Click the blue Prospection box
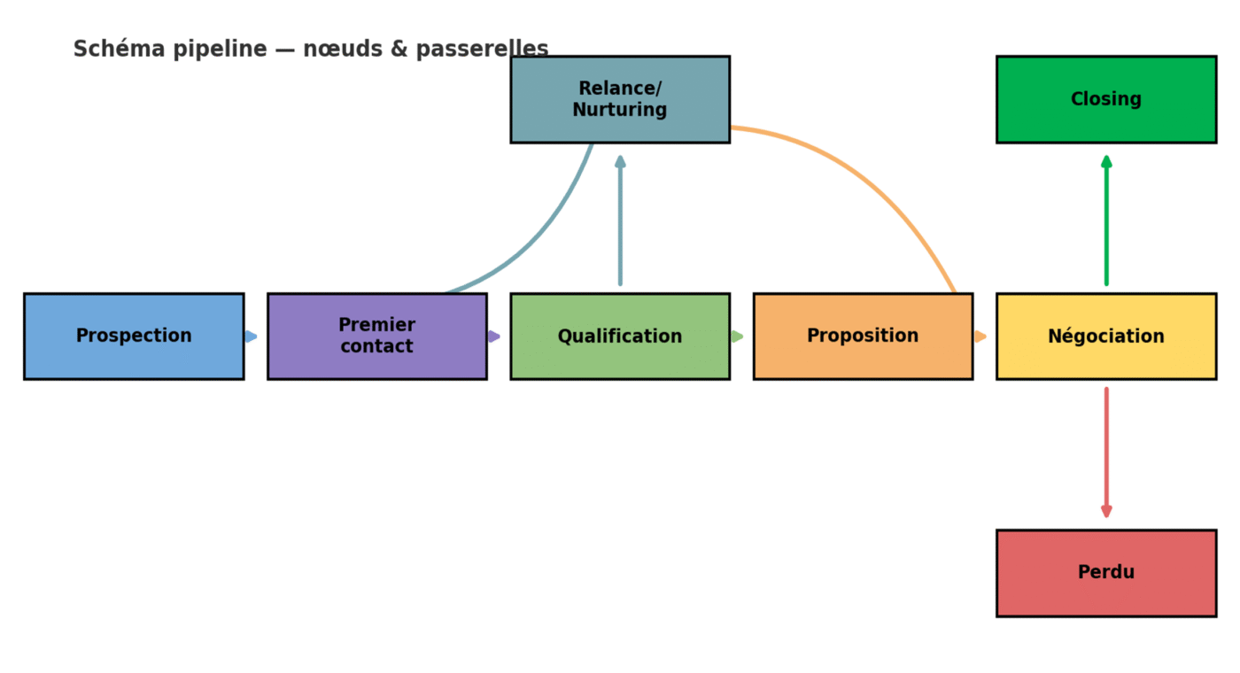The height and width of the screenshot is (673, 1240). (x=134, y=336)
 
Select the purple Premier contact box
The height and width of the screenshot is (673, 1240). (x=376, y=336)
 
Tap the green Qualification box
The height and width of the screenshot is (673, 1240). (x=620, y=336)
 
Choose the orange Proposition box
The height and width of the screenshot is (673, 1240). (x=863, y=336)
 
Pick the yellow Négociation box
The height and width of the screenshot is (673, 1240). (x=1105, y=336)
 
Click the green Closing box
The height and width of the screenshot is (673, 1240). (x=1105, y=99)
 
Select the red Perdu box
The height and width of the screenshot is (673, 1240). (x=1105, y=573)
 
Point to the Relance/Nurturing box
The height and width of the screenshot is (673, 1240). (x=620, y=99)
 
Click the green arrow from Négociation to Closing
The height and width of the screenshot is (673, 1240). (x=1106, y=221)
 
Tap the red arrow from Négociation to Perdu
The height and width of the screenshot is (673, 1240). (x=1106, y=452)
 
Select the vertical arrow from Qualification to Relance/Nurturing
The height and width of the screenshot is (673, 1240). (x=620, y=221)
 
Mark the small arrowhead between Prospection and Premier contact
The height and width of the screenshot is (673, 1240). (x=252, y=336)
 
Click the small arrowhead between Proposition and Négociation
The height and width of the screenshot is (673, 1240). (x=980, y=336)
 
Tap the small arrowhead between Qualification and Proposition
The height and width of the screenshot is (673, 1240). (x=738, y=336)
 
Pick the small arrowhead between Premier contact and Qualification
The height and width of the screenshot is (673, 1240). (x=495, y=336)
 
